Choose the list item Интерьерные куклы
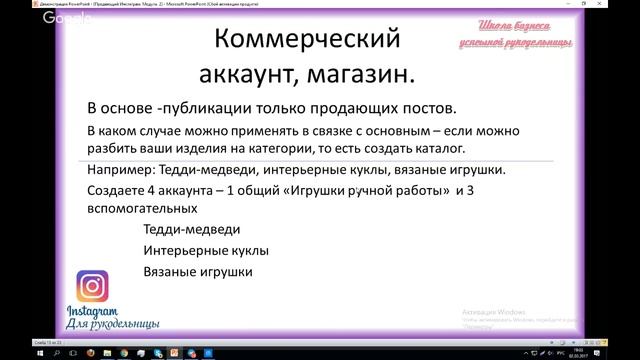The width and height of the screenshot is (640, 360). pyautogui.click(x=206, y=251)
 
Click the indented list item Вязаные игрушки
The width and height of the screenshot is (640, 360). pyautogui.click(x=197, y=271)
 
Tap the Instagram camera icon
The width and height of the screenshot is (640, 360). pyautogui.click(x=92, y=288)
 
